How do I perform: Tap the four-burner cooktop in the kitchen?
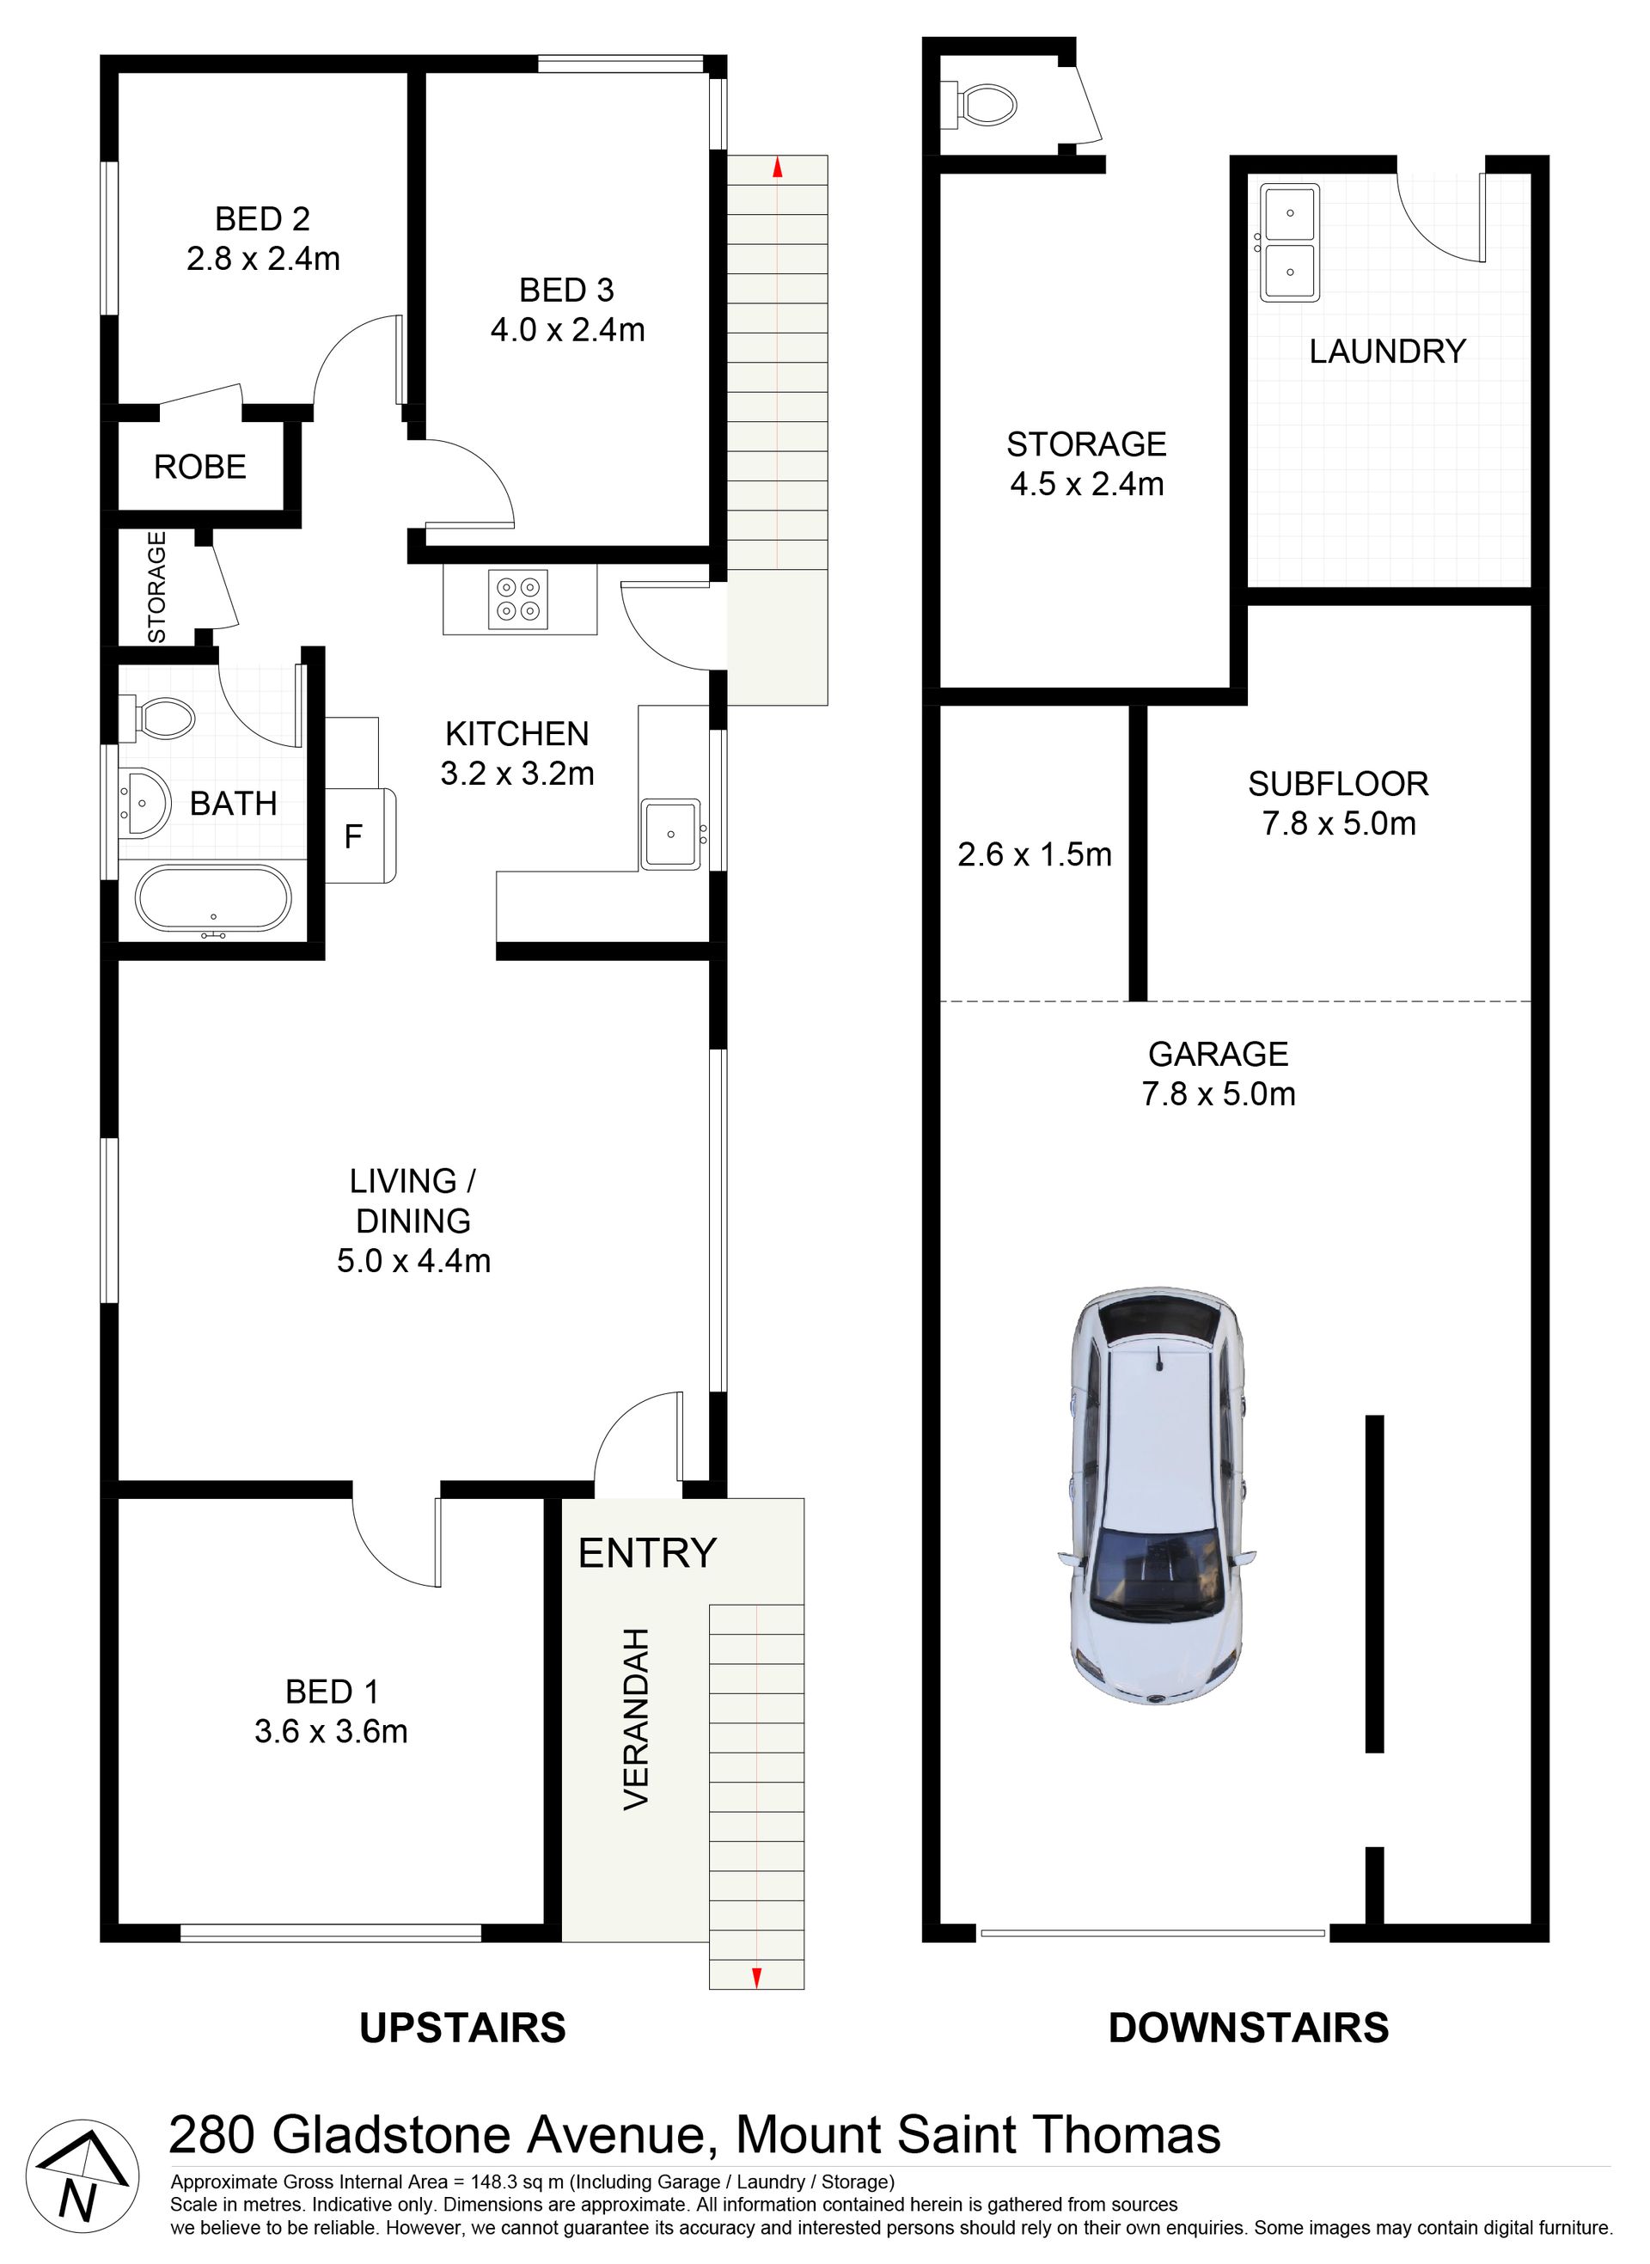pyautogui.click(x=517, y=599)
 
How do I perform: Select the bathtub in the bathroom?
pyautogui.click(x=213, y=900)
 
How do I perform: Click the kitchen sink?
pyautogui.click(x=671, y=834)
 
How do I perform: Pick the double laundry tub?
pyautogui.click(x=1288, y=242)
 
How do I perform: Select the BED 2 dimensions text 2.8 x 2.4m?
pyautogui.click(x=264, y=260)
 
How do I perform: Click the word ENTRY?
pyautogui.click(x=647, y=1553)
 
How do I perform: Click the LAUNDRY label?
pyautogui.click(x=1387, y=352)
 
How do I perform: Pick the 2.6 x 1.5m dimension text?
pyautogui.click(x=1035, y=855)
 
